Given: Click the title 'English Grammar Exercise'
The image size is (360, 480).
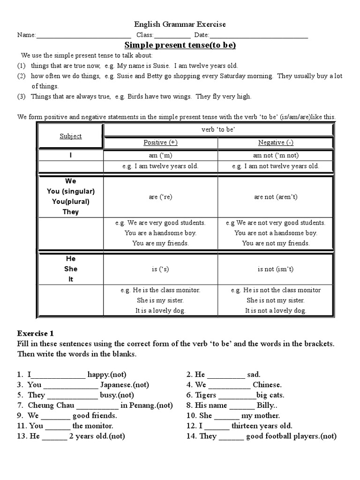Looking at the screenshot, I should click(180, 24).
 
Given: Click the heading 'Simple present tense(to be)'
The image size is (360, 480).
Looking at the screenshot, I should click(180, 45).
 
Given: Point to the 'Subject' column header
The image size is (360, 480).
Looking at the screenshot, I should click(70, 136).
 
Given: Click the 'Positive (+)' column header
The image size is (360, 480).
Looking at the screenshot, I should click(160, 142).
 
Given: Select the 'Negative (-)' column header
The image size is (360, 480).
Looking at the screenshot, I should click(276, 142).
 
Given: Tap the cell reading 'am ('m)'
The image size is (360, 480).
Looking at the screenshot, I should click(160, 156).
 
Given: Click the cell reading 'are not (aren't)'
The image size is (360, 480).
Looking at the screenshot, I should click(276, 197).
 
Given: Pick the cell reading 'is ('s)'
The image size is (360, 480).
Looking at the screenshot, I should click(160, 269).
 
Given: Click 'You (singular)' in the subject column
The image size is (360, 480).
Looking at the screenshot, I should click(71, 191).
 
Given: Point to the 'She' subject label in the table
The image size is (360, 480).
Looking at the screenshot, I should click(71, 269).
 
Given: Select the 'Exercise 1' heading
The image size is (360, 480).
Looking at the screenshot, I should click(36, 334).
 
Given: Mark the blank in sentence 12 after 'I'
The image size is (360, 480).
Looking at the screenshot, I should click(217, 426).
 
